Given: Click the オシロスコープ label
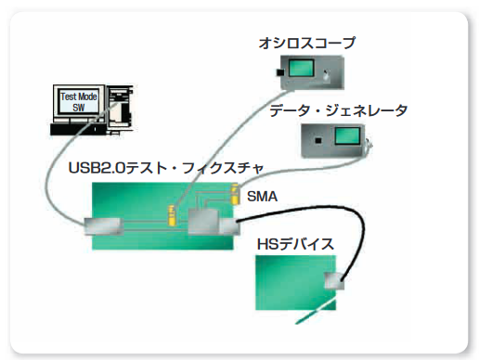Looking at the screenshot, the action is (x=307, y=43).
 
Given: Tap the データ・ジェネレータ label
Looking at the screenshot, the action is (x=338, y=110).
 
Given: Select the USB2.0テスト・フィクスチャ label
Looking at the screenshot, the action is (x=166, y=168).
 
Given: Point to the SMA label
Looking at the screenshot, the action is (x=262, y=197).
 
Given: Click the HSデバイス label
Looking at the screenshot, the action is (x=295, y=244).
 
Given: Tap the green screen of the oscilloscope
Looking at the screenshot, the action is (x=301, y=68).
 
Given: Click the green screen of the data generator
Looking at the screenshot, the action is (x=347, y=135).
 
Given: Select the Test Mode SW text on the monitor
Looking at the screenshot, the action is (x=79, y=102).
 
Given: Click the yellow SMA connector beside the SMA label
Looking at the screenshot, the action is (x=236, y=194).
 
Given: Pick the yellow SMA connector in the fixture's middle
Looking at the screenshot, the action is (x=172, y=215).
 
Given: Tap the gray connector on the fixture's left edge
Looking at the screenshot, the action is (x=104, y=226).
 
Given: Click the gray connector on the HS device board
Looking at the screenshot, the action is (x=334, y=281).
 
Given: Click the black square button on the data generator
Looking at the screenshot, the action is (x=318, y=141).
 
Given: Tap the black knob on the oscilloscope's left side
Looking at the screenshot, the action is (x=279, y=72).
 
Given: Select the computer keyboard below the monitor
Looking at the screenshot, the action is (x=77, y=129).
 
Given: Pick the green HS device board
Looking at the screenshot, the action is (x=295, y=282).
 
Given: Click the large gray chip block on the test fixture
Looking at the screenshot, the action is (x=202, y=222).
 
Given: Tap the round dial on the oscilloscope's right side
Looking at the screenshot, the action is (x=326, y=75).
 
